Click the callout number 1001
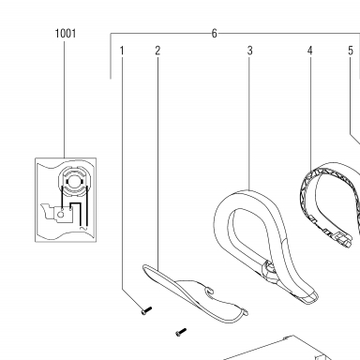[66, 34]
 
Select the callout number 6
[214, 34]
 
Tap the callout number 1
[122, 51]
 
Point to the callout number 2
[157, 51]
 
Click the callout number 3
[249, 51]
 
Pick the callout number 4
[310, 51]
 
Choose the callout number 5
[351, 51]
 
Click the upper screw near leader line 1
[146, 310]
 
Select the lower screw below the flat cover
[181, 332]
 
